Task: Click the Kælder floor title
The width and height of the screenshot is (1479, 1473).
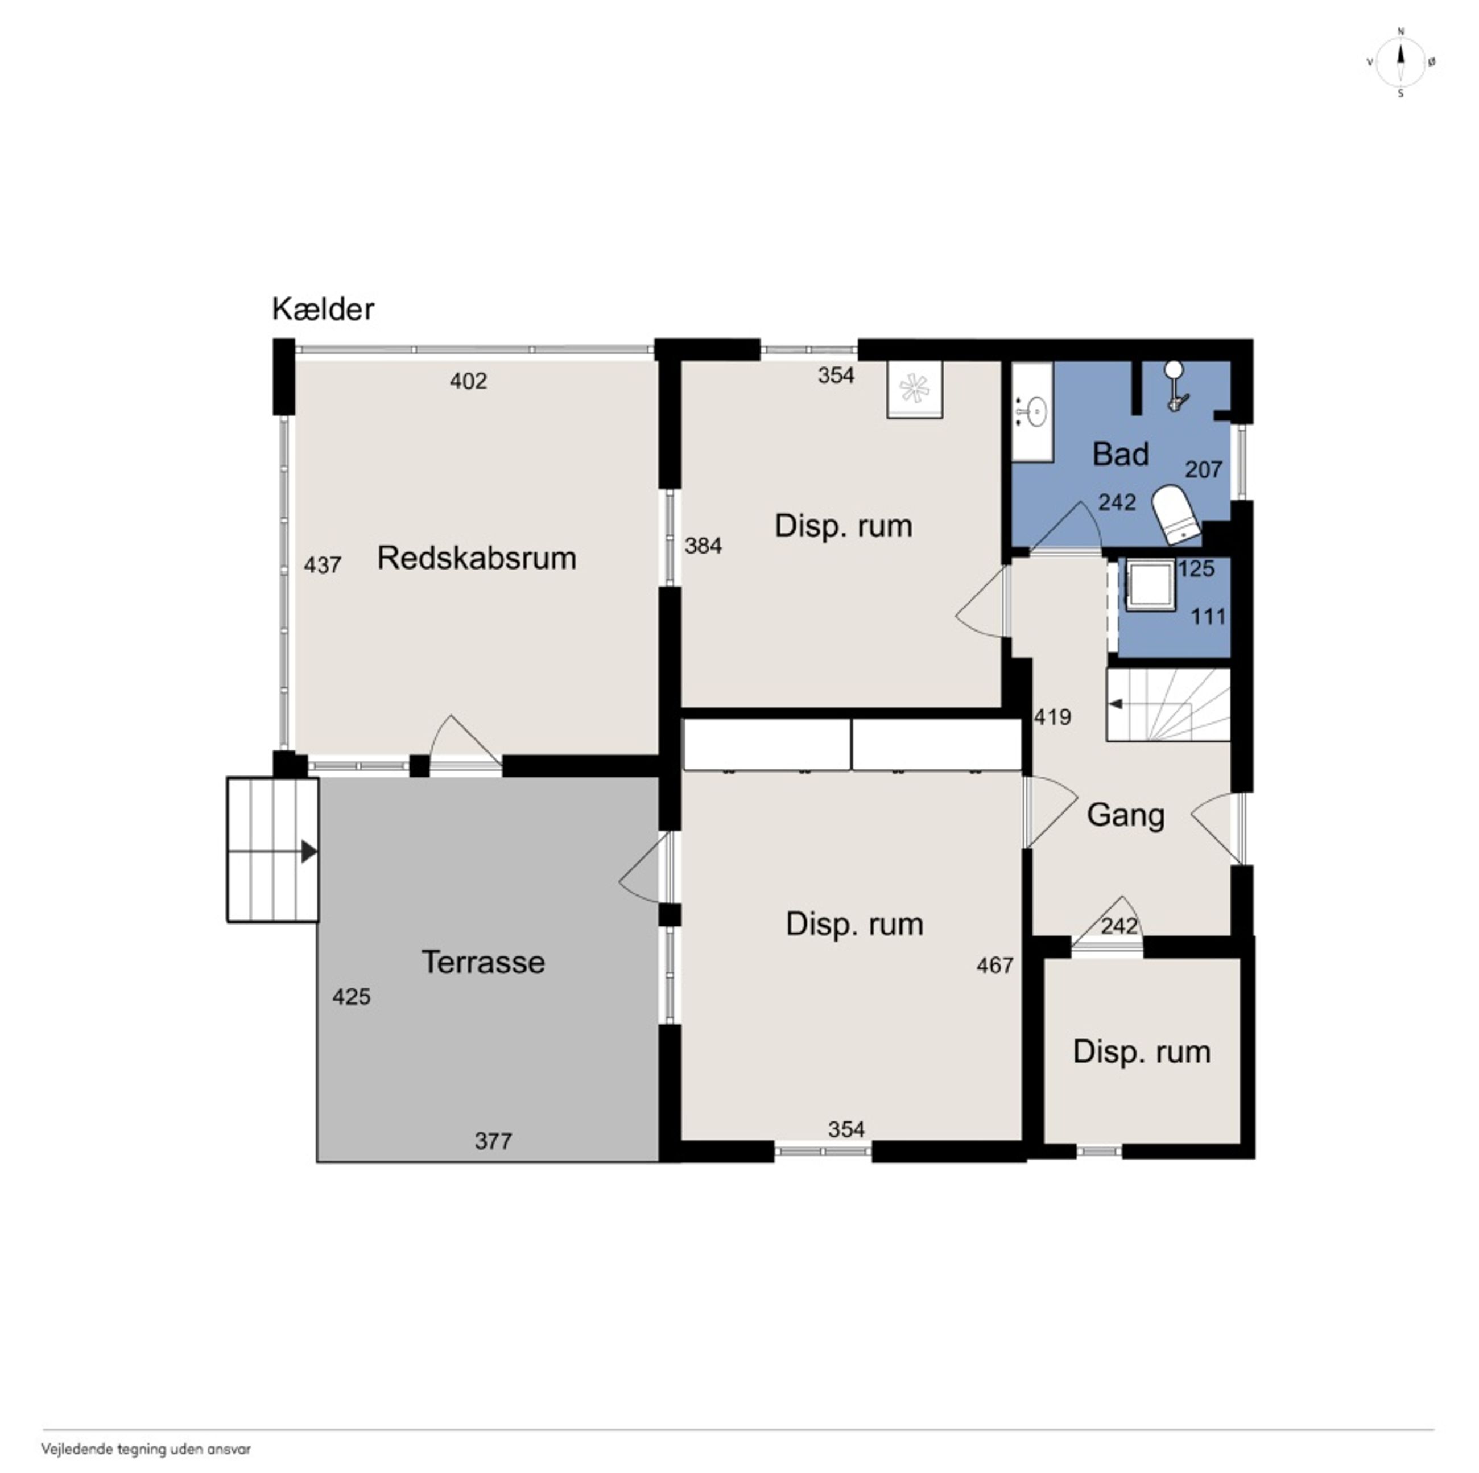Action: click(x=323, y=310)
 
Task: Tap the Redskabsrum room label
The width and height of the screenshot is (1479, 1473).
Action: click(x=476, y=558)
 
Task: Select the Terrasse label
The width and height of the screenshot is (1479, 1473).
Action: click(x=483, y=962)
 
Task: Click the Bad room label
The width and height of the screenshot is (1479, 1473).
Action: click(x=1120, y=454)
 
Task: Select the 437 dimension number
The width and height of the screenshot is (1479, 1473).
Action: click(x=323, y=565)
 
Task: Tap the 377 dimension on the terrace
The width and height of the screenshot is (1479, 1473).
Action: click(x=493, y=1141)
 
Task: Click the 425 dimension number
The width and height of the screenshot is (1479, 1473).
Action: click(x=352, y=997)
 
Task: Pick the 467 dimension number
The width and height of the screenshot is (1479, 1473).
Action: click(x=995, y=966)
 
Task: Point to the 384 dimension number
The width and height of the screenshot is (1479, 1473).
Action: click(x=703, y=546)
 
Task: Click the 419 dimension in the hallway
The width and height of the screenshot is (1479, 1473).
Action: click(x=1052, y=717)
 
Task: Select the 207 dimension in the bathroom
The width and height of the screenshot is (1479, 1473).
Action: click(x=1204, y=469)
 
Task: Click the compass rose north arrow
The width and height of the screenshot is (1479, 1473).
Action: click(x=1401, y=62)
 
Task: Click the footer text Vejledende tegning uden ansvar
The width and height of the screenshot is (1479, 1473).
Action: click(x=146, y=1449)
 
